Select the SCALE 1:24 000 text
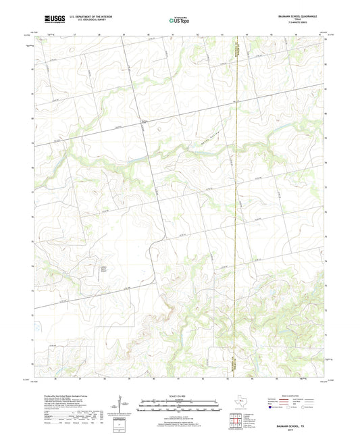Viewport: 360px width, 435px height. coord(180,395)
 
